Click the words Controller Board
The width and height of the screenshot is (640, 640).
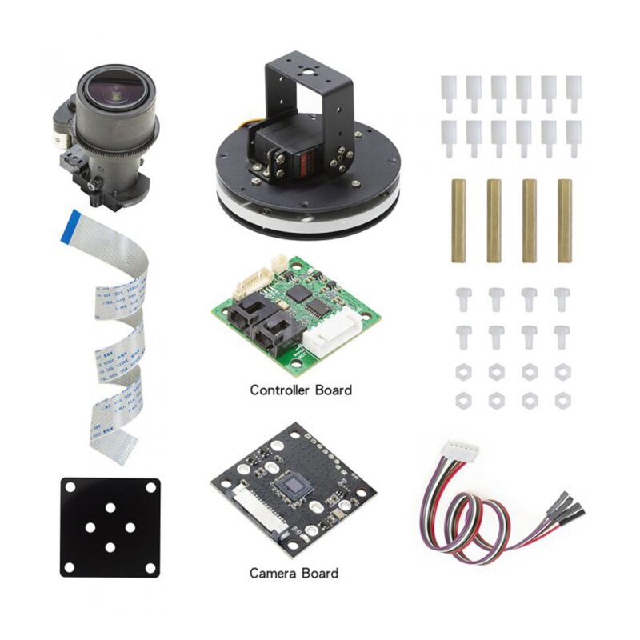[x=301, y=390]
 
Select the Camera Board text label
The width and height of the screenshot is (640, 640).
[x=294, y=573]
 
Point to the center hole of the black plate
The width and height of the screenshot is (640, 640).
[x=110, y=527]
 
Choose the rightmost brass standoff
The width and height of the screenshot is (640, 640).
[x=565, y=221]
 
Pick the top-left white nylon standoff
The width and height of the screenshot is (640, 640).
[x=448, y=92]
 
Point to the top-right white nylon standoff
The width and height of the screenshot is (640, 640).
[x=573, y=92]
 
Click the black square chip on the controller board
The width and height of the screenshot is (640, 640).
[x=300, y=294]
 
